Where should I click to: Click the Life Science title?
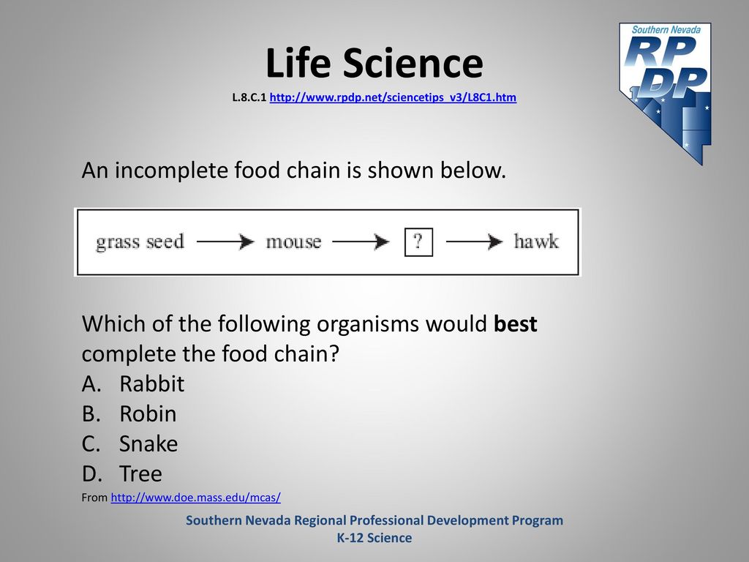click(374, 63)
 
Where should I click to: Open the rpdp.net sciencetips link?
click(393, 97)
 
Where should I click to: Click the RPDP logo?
click(666, 94)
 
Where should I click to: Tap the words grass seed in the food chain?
click(140, 241)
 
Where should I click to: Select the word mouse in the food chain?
click(293, 241)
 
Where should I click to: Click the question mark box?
click(418, 242)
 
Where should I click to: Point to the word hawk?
click(536, 241)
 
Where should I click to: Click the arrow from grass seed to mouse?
click(225, 241)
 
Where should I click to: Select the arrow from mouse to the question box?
click(361, 241)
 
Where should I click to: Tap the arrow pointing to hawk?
click(474, 241)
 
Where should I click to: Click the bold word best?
click(516, 324)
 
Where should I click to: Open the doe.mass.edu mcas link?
click(196, 498)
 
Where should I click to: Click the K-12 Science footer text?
click(374, 538)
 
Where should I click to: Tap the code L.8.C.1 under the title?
click(249, 97)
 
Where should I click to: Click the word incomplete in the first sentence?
click(171, 171)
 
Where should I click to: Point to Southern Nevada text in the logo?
click(666, 29)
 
